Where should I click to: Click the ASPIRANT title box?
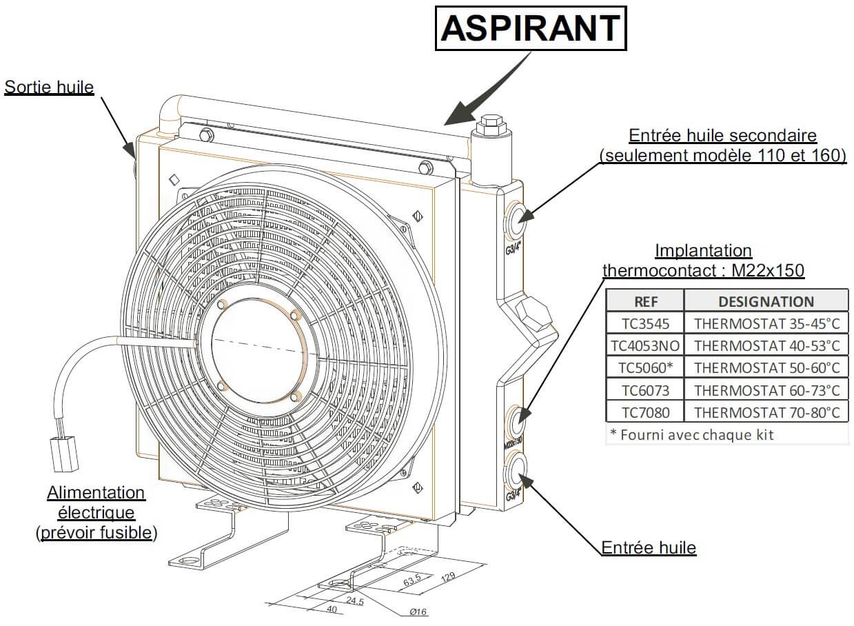[x=531, y=28]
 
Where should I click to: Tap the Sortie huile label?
[x=49, y=87]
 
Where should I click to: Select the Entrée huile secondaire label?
[x=722, y=136]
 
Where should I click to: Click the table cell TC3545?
[x=644, y=323]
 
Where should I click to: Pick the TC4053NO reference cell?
[x=644, y=345]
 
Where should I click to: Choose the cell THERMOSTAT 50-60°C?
[x=766, y=367]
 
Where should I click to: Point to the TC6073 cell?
[x=644, y=390]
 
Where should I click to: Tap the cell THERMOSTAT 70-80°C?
[x=766, y=412]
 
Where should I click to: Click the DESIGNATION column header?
[x=766, y=301]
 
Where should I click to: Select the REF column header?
[x=645, y=301]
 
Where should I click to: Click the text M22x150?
[x=766, y=270]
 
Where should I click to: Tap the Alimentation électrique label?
[x=96, y=493]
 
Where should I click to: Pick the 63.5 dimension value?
[x=412, y=581]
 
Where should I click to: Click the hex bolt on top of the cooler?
[x=490, y=124]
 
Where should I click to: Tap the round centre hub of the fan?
[x=256, y=351]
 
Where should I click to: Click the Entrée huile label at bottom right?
[x=649, y=548]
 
